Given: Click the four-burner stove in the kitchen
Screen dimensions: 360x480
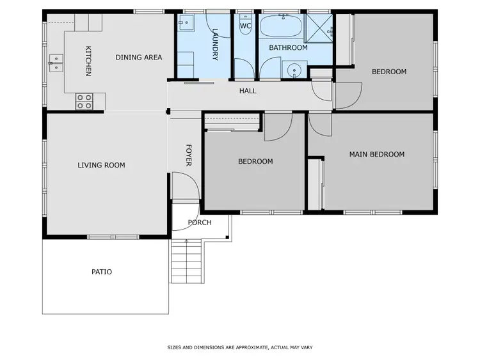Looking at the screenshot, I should coord(84,100).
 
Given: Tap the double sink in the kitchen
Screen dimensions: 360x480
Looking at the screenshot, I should coord(56,62).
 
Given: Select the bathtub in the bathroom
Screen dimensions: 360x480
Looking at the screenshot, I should coord(282,27).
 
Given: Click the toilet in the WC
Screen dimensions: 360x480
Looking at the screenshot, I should coord(245,26).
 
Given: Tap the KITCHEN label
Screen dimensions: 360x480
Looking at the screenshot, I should coord(88,61).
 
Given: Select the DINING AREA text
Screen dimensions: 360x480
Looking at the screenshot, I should coord(139,58).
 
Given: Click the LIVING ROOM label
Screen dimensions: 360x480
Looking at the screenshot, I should coord(101,165).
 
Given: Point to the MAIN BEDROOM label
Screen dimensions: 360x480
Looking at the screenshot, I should coord(376,154).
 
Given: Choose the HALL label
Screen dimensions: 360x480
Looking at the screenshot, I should coord(248,91).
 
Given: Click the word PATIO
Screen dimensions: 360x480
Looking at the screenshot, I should coord(101,272).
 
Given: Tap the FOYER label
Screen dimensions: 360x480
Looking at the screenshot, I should coord(189,155).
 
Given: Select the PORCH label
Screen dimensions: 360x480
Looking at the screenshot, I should coord(199,223).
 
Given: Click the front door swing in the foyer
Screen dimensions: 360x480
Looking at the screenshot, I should coord(184,187).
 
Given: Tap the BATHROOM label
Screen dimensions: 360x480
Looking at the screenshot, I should coord(288,48).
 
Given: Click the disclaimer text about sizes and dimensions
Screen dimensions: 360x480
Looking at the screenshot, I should coord(239,347).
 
